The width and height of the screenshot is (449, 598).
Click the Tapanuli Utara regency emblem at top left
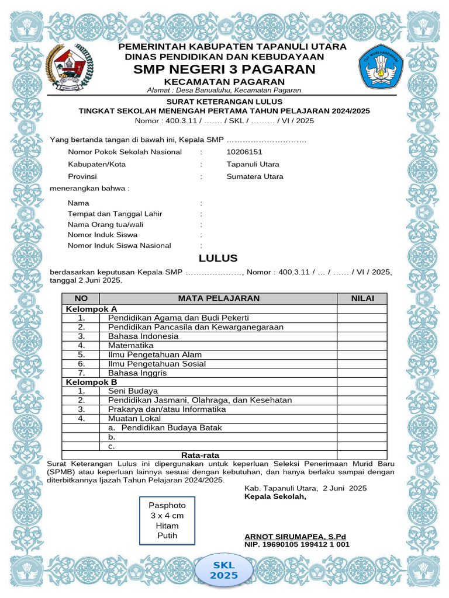67,68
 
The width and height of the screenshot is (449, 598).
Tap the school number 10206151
244,152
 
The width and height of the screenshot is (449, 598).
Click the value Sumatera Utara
255,176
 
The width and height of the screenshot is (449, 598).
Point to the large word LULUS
218,259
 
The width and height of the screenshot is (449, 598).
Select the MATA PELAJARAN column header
219,298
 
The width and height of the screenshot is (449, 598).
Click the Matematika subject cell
130,346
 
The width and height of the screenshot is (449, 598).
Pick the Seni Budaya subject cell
133,391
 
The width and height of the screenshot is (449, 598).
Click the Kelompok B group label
92,382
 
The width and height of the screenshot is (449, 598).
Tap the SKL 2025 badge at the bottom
224,570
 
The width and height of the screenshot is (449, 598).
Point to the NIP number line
297,544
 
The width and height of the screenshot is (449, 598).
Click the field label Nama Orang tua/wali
106,224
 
